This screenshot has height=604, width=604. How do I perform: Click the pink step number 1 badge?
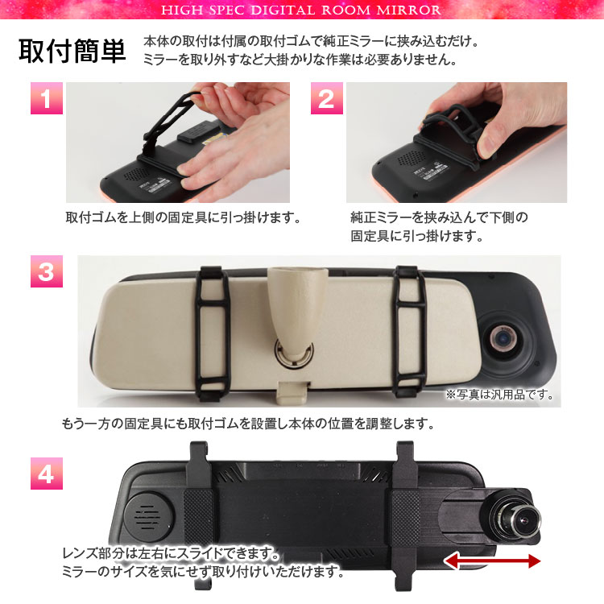[47, 97]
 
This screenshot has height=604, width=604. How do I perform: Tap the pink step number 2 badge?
[327, 97]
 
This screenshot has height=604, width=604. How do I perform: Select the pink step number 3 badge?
[47, 271]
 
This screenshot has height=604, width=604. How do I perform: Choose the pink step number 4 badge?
[47, 474]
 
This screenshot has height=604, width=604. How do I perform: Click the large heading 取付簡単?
[72, 51]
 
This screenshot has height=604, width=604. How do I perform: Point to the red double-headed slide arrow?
[492, 561]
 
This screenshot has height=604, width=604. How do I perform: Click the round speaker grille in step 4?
[148, 516]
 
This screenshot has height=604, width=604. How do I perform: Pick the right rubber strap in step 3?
[410, 332]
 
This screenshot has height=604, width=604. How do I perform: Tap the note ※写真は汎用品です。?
[499, 394]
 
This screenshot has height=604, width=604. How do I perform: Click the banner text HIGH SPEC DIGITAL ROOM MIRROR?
[301, 10]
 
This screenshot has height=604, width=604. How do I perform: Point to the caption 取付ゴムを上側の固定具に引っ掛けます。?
[184, 217]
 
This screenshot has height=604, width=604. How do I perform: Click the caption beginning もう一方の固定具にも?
[248, 424]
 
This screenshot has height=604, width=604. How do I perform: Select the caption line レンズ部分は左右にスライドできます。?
[172, 553]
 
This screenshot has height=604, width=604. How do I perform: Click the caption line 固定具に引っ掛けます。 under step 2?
[417, 236]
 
